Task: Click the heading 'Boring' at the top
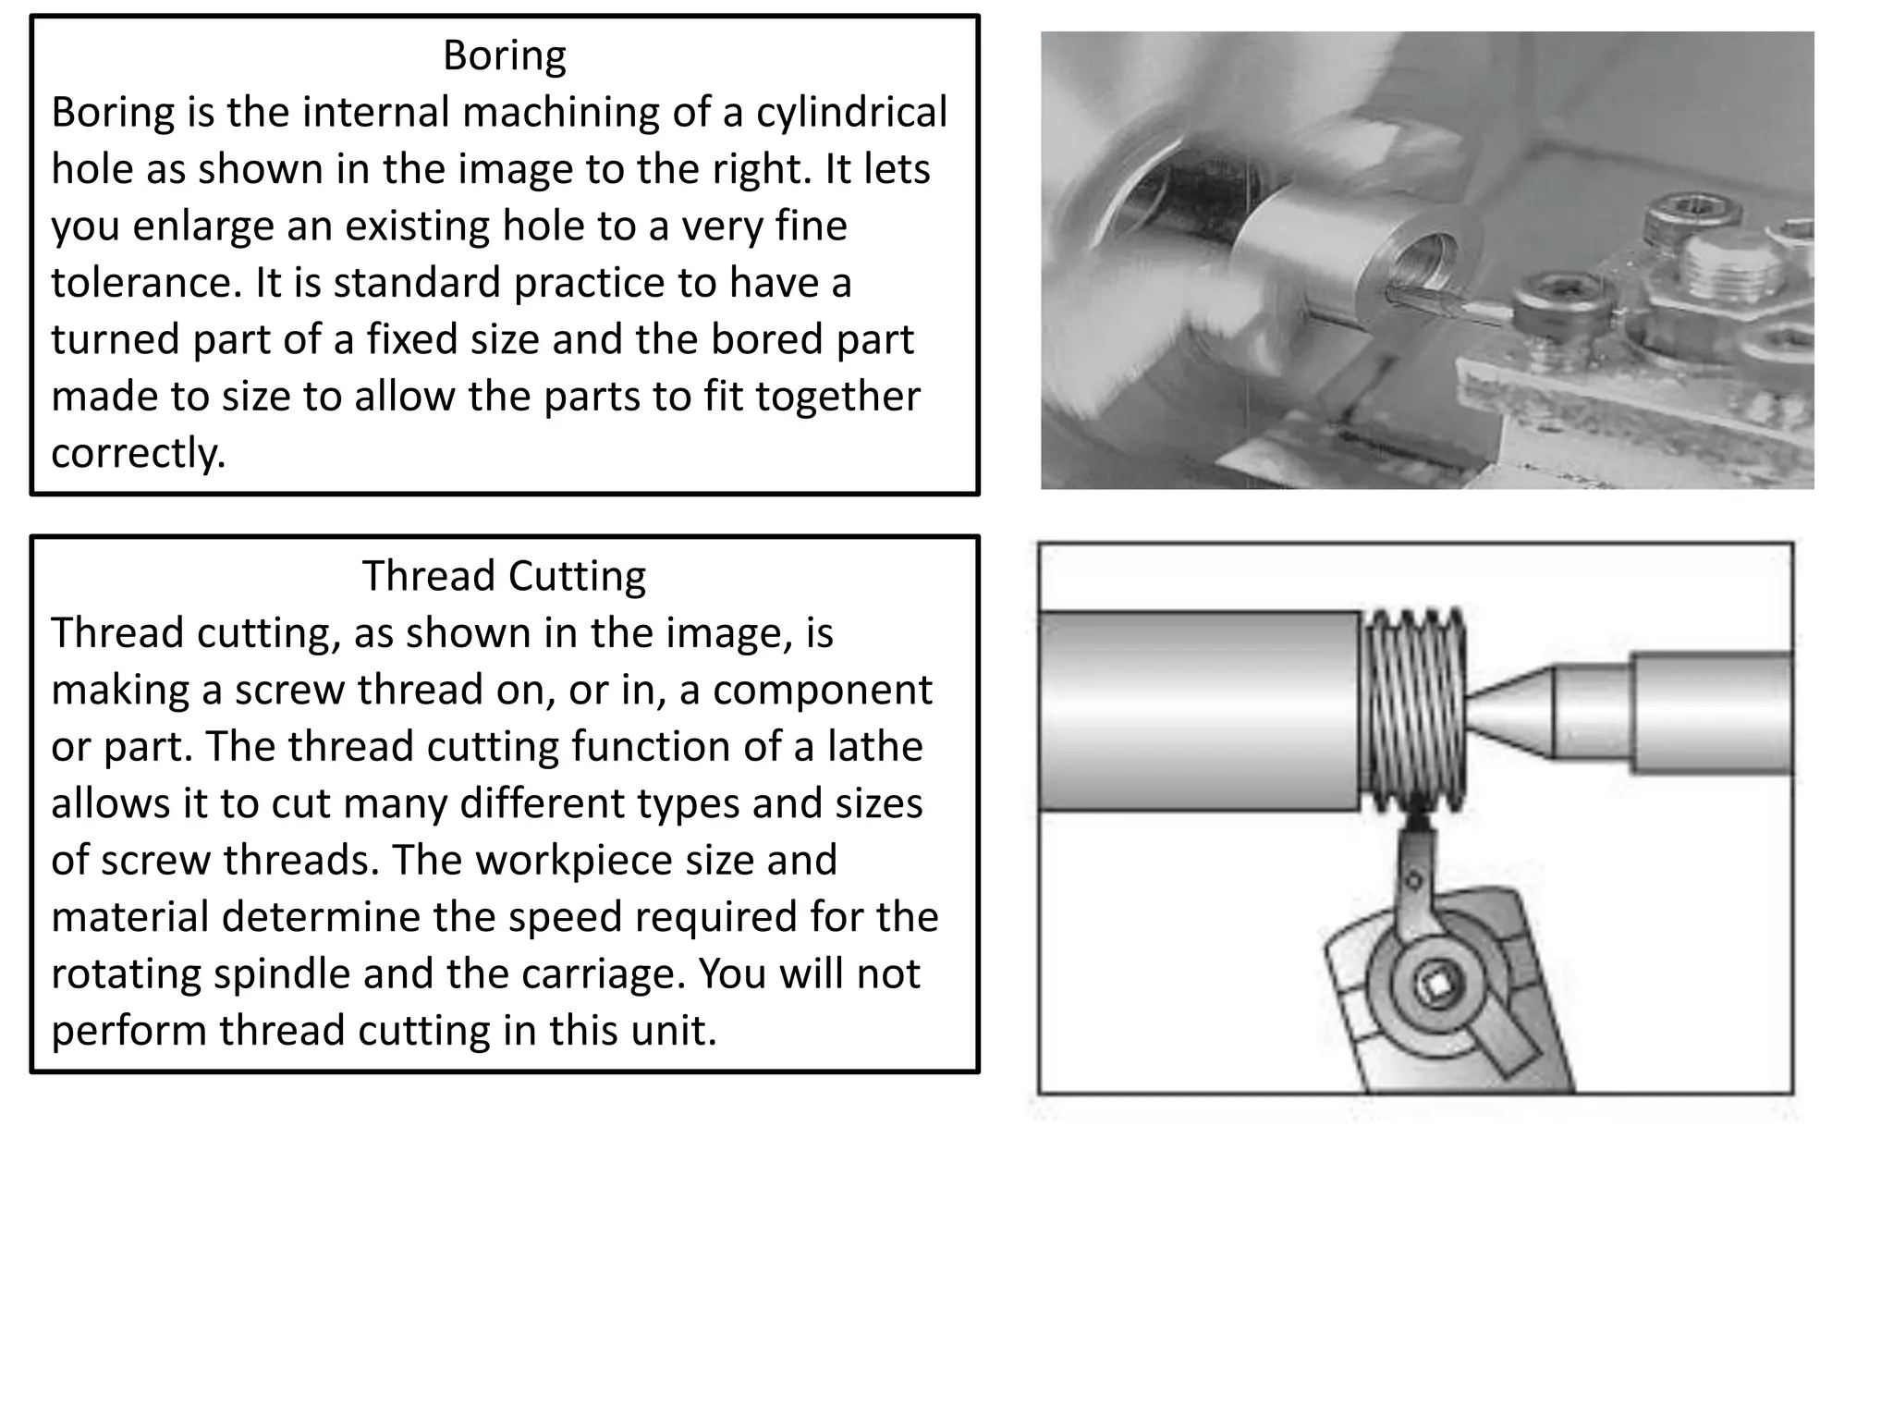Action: [504, 55]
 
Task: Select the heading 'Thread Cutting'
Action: [504, 576]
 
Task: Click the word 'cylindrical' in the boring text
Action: [851, 113]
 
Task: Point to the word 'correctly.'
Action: [138, 454]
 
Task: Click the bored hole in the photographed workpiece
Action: [1423, 264]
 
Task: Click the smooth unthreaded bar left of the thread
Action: [1198, 710]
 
